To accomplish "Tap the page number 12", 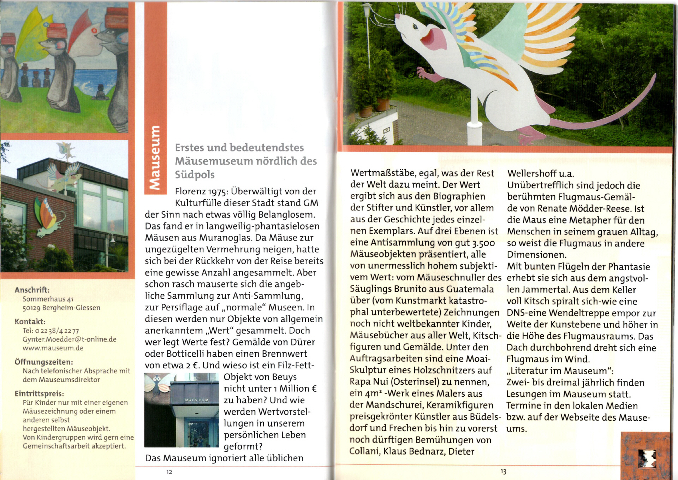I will coord(169,472).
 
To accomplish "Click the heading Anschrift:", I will coord(32,290).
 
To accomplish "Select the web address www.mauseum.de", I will coord(53,348).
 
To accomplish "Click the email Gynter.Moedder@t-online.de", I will coord(70,339).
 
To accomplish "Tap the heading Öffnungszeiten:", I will coord(44,362).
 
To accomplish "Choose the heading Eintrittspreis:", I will coord(39,393).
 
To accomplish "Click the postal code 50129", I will coord(31,308).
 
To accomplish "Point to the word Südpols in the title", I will coord(195,175).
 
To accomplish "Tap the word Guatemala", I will coord(470,289).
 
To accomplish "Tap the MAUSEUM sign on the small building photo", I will coord(197,400).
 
